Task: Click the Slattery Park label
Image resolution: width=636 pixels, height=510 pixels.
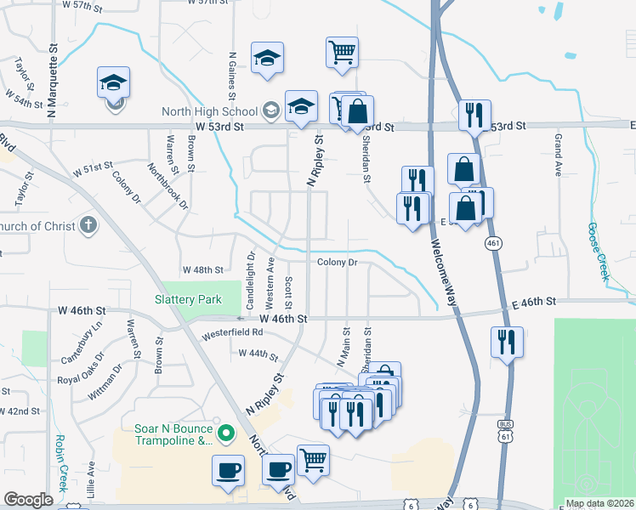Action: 188,299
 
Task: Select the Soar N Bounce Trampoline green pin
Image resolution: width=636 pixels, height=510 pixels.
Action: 225,433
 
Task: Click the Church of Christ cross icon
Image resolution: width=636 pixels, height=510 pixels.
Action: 88,226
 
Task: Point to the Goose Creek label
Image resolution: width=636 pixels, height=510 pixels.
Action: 598,252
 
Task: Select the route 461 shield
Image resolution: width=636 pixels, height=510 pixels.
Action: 492,244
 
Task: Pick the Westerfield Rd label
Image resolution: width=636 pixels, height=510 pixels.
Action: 231,334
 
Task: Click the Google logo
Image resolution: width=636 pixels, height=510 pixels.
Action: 28,500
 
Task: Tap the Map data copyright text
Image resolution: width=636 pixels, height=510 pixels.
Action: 599,503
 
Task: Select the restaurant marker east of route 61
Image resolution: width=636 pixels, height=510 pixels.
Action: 507,342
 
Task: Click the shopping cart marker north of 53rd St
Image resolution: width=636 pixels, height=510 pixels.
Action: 341,53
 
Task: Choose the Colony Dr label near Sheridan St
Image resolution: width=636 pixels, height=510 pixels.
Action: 338,263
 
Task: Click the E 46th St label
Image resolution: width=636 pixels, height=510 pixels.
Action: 533,302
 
